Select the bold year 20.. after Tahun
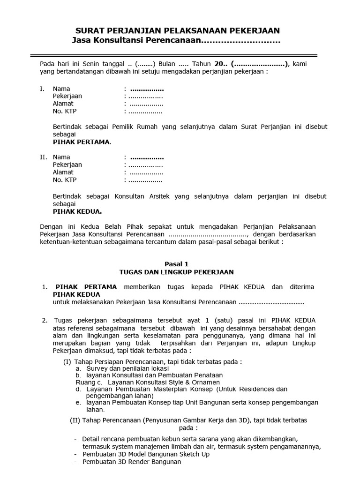pyautogui.click(x=220, y=64)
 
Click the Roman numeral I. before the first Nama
pyautogui.click(x=42, y=89)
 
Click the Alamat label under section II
pyautogui.click(x=63, y=172)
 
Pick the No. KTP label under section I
pyautogui.click(x=64, y=111)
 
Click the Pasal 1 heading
pyautogui.click(x=176, y=264)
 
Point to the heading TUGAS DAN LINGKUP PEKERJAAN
pyautogui.click(x=176, y=272)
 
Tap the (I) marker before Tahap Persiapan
pyautogui.click(x=67, y=362)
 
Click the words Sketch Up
pyautogui.click(x=194, y=454)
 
